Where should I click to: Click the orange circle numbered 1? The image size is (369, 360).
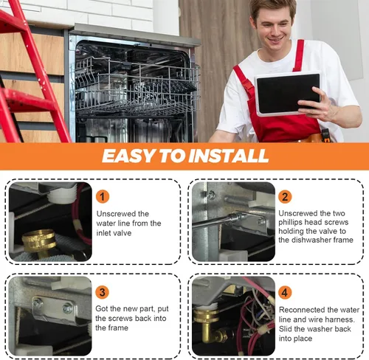pos(103,197)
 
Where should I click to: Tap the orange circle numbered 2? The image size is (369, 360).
pos(285,197)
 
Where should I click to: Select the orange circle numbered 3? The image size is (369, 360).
pos(102,292)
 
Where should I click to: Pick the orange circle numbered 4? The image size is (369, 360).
pos(285,292)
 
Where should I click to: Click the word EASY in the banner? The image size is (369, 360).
pos(127,156)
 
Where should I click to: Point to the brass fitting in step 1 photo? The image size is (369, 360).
pos(39,242)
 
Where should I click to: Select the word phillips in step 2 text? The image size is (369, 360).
pos(291,222)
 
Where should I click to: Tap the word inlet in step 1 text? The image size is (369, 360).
pos(103,233)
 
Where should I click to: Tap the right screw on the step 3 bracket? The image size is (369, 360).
pos(67,308)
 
